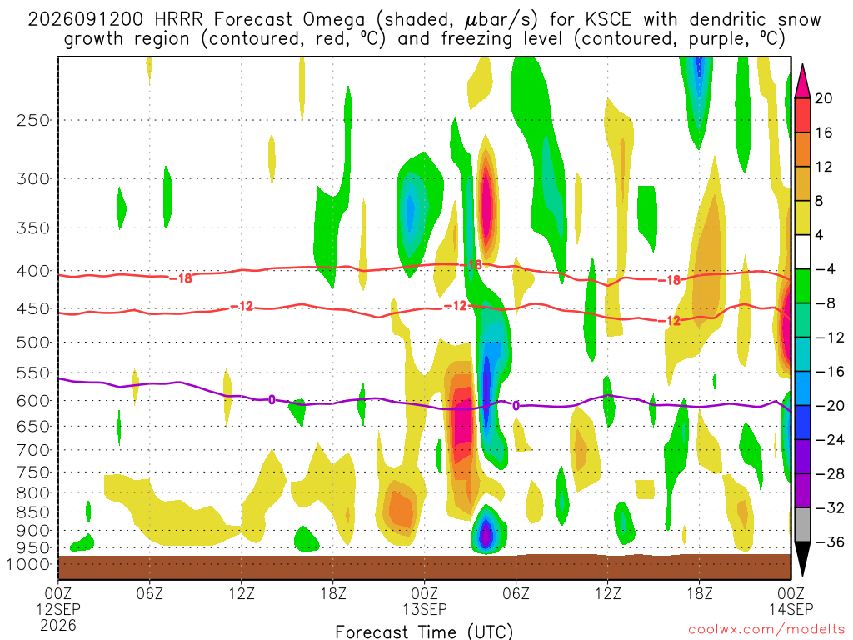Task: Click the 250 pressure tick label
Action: pyautogui.click(x=33, y=120)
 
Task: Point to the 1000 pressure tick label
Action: pyautogui.click(x=28, y=565)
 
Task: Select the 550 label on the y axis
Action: pyautogui.click(x=33, y=373)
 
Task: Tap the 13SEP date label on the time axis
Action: pyautogui.click(x=424, y=609)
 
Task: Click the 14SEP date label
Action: pyautogui.click(x=791, y=609)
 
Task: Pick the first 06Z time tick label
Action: pyautogui.click(x=149, y=593)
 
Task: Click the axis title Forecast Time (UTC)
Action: pyautogui.click(x=424, y=632)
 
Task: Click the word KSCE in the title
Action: pyautogui.click(x=608, y=20)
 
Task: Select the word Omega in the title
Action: pyautogui.click(x=333, y=20)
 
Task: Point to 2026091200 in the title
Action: pyautogui.click(x=86, y=20)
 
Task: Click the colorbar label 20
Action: pyautogui.click(x=823, y=98)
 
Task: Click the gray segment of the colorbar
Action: pyautogui.click(x=802, y=525)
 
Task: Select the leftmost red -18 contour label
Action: pyautogui.click(x=181, y=278)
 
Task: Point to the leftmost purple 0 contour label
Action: pyautogui.click(x=272, y=400)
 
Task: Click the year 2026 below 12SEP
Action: pyautogui.click(x=58, y=625)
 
